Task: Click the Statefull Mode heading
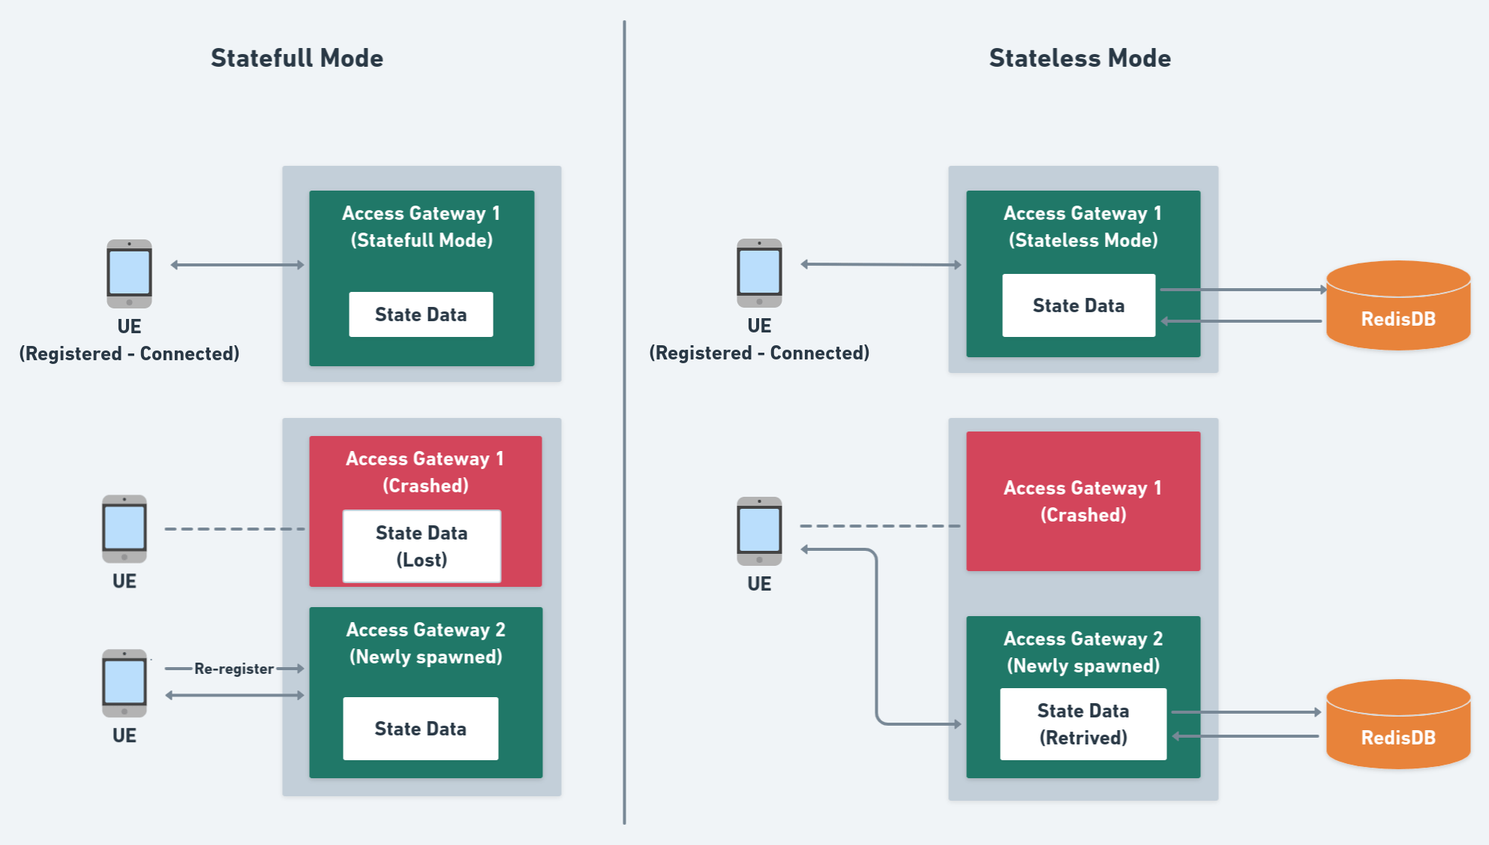click(x=297, y=58)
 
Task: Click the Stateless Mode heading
click(x=1079, y=58)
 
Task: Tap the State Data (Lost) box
click(x=422, y=546)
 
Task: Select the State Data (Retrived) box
click(x=1082, y=724)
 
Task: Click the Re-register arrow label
click(x=234, y=669)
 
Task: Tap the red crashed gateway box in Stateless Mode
click(x=1082, y=501)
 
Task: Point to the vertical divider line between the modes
click(x=624, y=420)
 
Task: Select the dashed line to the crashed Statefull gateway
click(x=234, y=529)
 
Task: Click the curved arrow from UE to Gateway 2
click(x=876, y=638)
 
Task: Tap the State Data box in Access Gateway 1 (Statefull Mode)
click(x=421, y=314)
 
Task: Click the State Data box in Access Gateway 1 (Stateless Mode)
click(x=1078, y=305)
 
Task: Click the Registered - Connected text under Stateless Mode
click(x=759, y=353)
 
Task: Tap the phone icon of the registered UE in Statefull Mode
click(x=129, y=274)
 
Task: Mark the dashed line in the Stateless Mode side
click(x=879, y=526)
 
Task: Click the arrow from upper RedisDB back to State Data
click(x=1241, y=321)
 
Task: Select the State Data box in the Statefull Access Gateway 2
click(x=420, y=729)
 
